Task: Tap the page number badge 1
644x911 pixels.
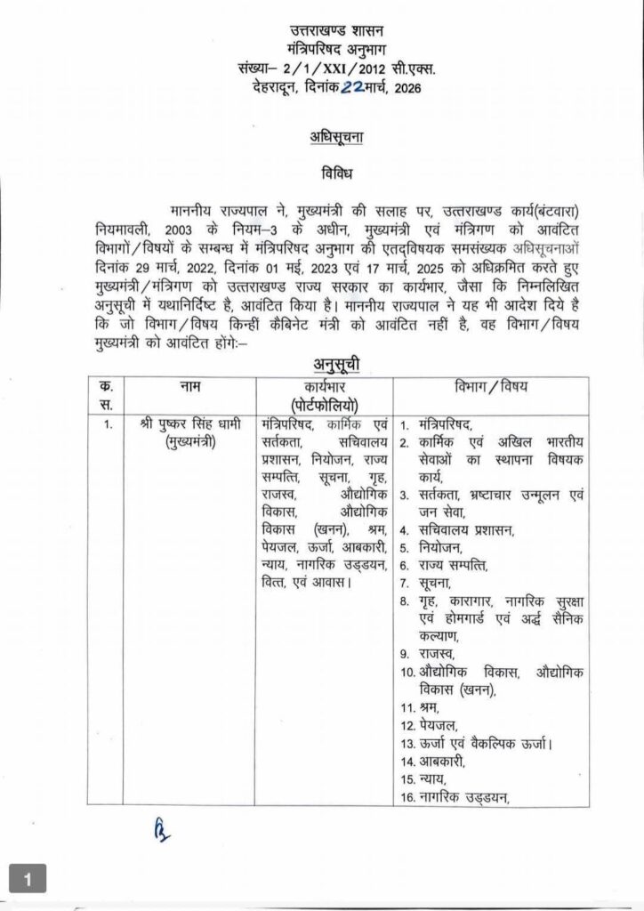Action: (28, 882)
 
